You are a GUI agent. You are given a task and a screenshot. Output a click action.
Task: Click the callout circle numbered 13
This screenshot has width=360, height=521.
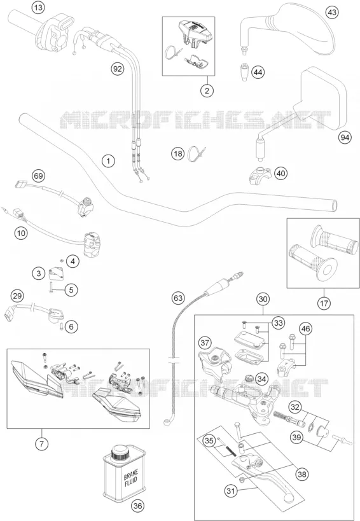[x=39, y=8]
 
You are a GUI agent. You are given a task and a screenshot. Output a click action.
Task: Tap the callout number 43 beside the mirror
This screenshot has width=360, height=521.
[x=332, y=13]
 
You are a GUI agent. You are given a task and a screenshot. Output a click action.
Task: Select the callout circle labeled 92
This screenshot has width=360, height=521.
[x=118, y=69]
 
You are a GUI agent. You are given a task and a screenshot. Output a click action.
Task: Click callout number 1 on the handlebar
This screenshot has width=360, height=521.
[x=108, y=161]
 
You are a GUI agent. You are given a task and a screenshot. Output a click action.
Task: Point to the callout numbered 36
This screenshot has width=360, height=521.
[x=138, y=506]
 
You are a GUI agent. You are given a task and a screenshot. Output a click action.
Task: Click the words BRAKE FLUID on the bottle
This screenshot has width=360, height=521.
[x=130, y=478]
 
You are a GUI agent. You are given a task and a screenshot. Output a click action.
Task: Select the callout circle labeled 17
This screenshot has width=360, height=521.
[x=324, y=303]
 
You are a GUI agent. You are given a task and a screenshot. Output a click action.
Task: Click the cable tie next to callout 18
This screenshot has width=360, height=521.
[x=196, y=154]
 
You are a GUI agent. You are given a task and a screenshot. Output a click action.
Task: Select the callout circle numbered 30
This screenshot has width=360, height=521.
[x=263, y=299]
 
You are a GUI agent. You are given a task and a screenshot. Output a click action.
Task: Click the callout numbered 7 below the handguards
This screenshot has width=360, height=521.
[x=41, y=443]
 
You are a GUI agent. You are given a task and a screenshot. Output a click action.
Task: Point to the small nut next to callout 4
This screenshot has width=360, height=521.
[x=62, y=260]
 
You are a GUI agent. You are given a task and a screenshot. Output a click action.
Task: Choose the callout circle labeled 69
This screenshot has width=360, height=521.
[x=39, y=176]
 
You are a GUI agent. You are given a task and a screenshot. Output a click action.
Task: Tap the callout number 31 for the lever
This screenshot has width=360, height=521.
[x=232, y=490]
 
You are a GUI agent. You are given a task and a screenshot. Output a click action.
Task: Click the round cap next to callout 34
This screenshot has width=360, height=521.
[x=249, y=378]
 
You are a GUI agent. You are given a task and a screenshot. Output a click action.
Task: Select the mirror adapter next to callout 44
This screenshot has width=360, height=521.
[x=245, y=71]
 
